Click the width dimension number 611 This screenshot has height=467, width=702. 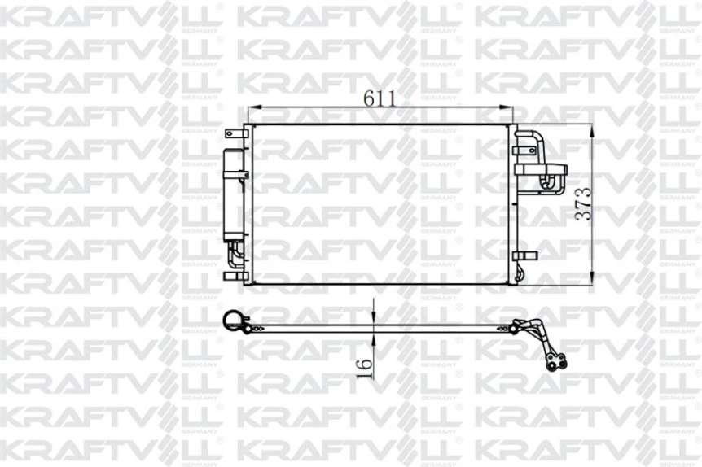(380, 98)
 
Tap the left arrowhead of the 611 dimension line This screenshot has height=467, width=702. (252, 107)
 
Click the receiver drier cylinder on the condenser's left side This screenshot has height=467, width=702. (234, 195)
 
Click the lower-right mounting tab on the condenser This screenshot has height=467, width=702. (524, 255)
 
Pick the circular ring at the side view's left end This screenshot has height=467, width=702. (232, 323)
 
